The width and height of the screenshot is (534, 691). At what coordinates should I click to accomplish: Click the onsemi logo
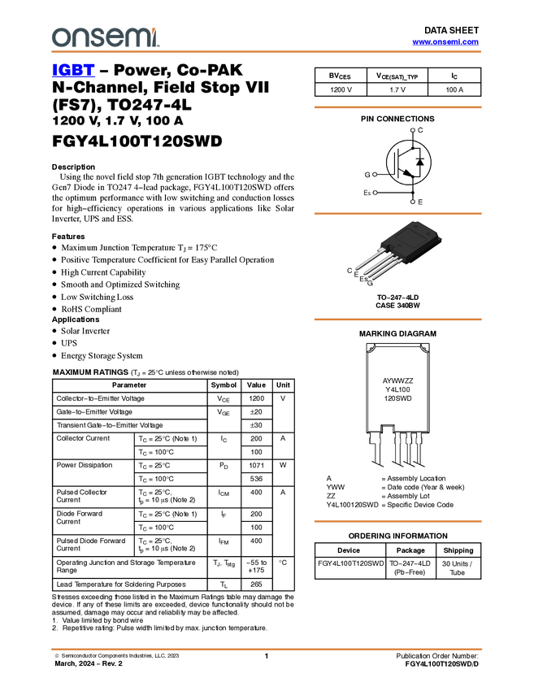coord(105,37)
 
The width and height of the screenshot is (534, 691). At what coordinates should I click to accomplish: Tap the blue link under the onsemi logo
coord(73,72)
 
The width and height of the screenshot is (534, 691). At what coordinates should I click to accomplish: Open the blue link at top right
coord(445,42)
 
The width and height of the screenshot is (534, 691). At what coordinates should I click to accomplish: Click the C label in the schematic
coord(420,130)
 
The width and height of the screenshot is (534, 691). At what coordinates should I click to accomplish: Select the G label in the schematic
coord(367,175)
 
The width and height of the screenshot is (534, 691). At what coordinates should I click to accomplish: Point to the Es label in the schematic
coord(367,193)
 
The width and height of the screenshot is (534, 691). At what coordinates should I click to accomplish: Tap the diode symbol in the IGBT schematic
coord(419,162)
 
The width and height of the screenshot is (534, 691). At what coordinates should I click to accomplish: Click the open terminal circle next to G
coord(375,175)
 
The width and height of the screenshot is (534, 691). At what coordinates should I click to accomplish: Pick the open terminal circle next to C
coord(413,130)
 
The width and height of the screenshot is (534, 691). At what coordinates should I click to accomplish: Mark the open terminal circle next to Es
coord(375,193)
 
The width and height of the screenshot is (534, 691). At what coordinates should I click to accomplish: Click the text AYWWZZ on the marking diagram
coord(397,380)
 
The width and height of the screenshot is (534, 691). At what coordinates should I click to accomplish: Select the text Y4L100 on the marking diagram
coord(397,390)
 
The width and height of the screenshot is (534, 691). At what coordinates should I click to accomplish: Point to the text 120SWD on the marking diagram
coord(397,400)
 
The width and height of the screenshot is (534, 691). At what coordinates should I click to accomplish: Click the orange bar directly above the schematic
coord(397,106)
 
